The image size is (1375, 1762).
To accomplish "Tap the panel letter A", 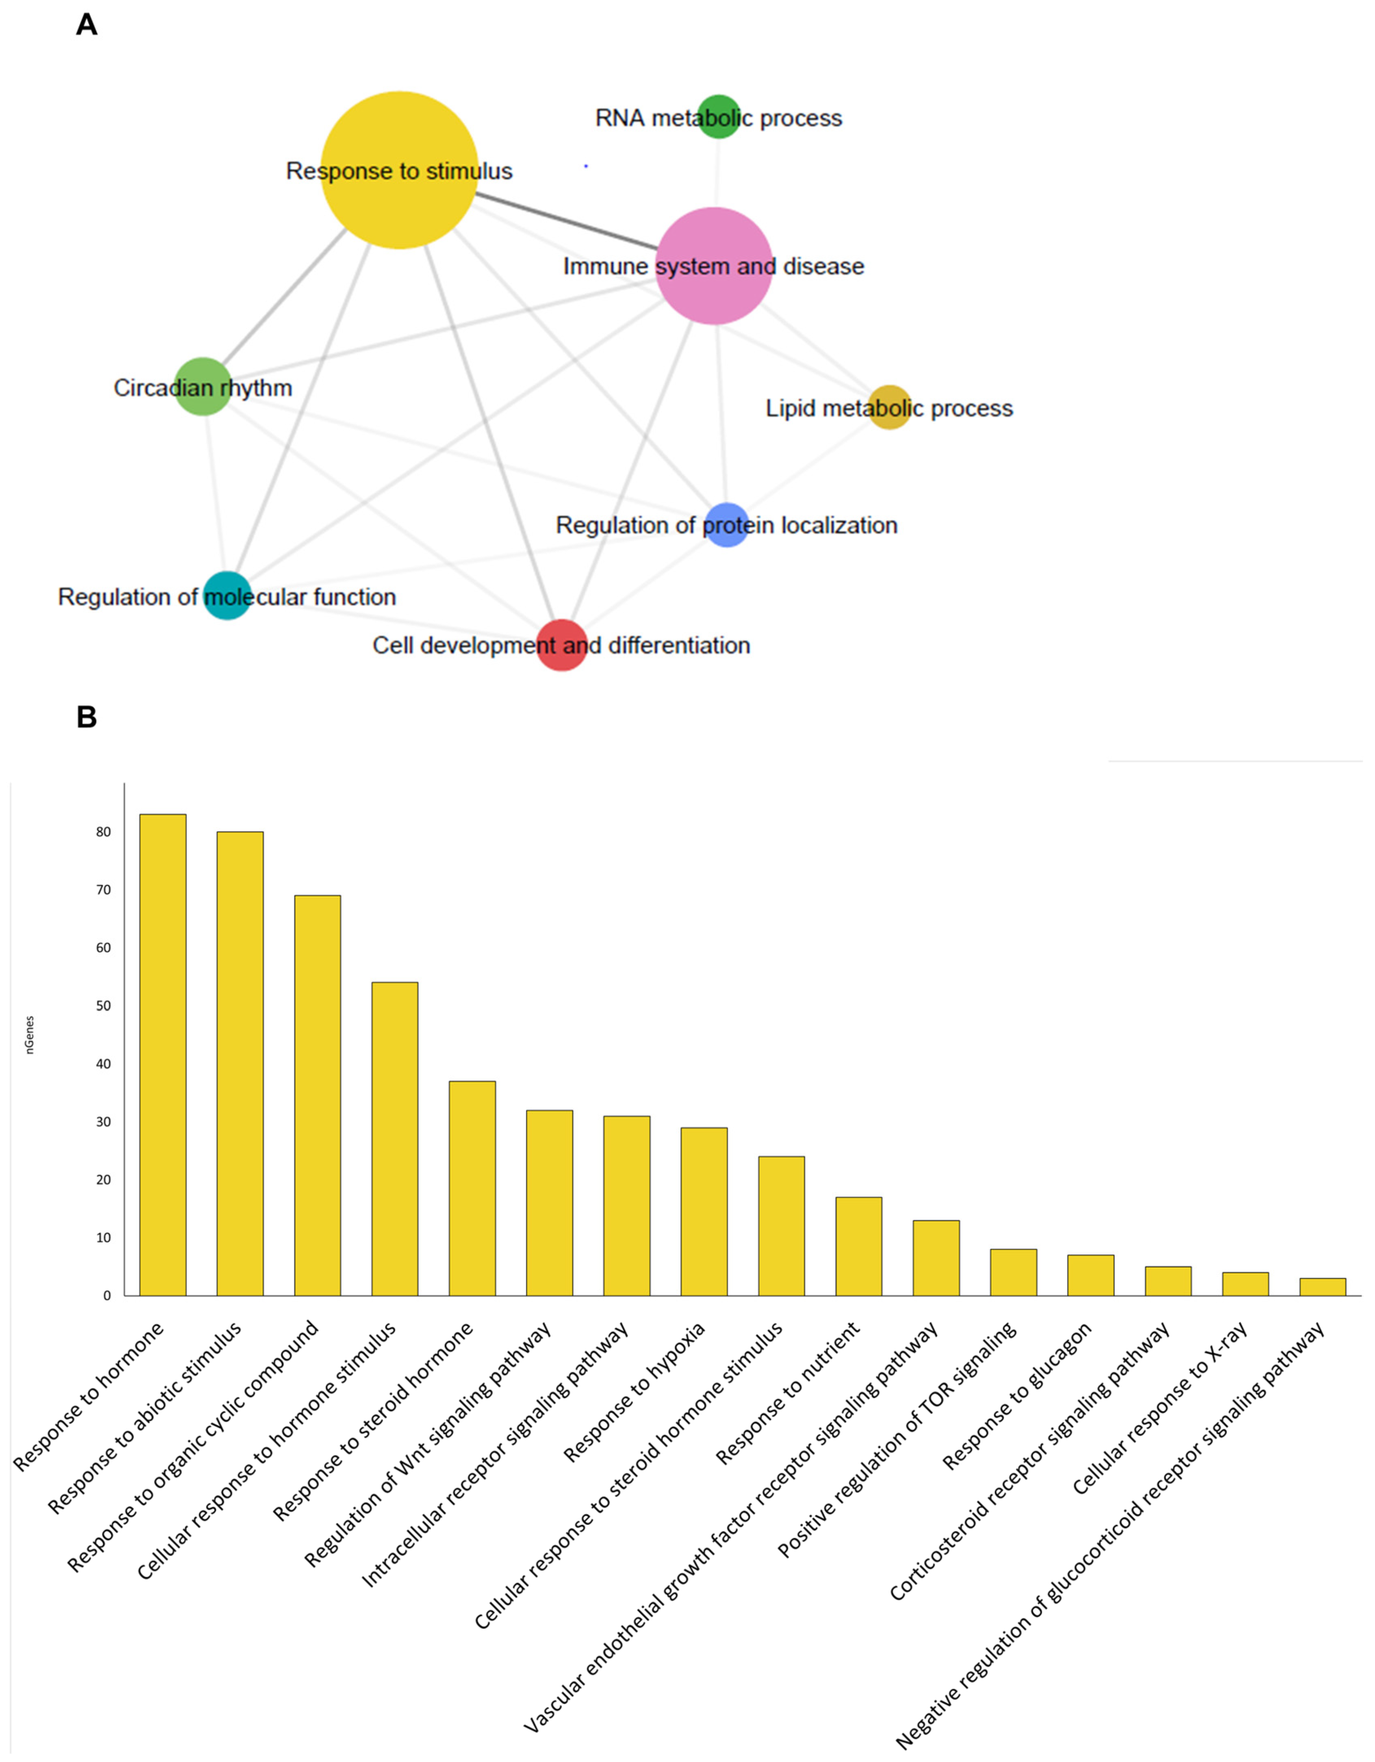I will tap(86, 25).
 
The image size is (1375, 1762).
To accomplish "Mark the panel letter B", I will tap(86, 717).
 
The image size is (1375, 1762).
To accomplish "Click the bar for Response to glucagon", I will tap(1090, 1275).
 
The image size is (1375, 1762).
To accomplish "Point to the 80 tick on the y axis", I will tap(103, 832).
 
